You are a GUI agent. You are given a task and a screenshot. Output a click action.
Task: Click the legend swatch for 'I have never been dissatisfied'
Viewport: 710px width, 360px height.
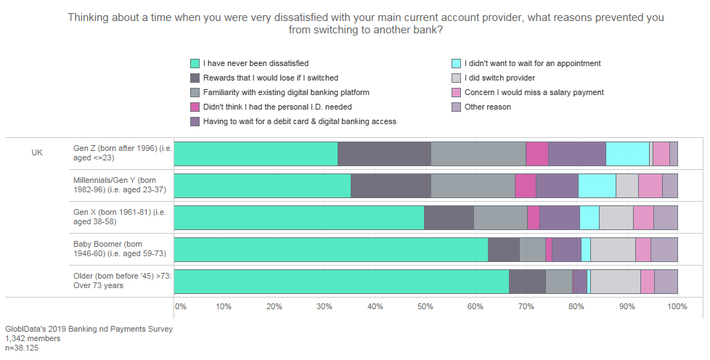[195, 63]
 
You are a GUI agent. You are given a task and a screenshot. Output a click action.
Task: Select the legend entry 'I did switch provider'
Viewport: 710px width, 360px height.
[499, 78]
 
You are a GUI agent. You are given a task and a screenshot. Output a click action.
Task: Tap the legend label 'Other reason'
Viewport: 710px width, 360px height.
[487, 107]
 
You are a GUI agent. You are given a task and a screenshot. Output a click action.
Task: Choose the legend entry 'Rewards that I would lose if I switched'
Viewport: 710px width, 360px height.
[270, 78]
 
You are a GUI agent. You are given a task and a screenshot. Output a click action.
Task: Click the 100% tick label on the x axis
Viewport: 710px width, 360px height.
[677, 306]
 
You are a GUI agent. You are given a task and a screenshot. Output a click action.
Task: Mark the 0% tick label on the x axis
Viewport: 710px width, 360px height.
[181, 306]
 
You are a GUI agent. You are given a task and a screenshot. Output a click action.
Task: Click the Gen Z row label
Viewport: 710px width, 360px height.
[120, 153]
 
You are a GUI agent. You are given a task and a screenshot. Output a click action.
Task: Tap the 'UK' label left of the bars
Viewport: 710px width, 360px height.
[37, 153]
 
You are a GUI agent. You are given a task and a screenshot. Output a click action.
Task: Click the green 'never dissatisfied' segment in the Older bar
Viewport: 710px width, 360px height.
[341, 281]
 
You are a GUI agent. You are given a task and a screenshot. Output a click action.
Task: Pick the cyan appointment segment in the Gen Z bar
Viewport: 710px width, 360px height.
[627, 154]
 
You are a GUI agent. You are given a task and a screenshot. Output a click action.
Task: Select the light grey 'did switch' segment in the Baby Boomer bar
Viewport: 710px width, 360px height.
[613, 249]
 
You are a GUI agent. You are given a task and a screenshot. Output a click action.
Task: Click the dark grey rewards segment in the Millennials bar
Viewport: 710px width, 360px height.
[391, 186]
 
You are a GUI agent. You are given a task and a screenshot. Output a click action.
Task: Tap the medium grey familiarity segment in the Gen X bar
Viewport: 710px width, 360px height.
[500, 218]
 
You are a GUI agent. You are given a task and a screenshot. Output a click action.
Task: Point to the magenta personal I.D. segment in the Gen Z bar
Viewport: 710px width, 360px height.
[536, 154]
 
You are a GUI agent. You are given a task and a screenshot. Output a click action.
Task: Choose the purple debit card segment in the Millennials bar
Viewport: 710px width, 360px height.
[557, 186]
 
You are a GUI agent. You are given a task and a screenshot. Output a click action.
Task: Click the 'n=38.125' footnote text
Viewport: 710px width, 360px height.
[22, 348]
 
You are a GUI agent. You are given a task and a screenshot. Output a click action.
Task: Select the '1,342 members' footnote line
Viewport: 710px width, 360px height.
[33, 338]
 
